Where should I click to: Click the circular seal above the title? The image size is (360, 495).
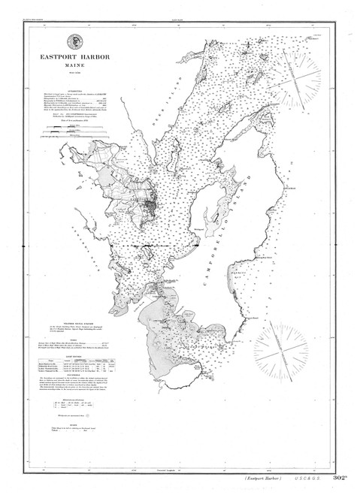[75, 43]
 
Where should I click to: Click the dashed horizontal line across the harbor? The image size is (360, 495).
[156, 246]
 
